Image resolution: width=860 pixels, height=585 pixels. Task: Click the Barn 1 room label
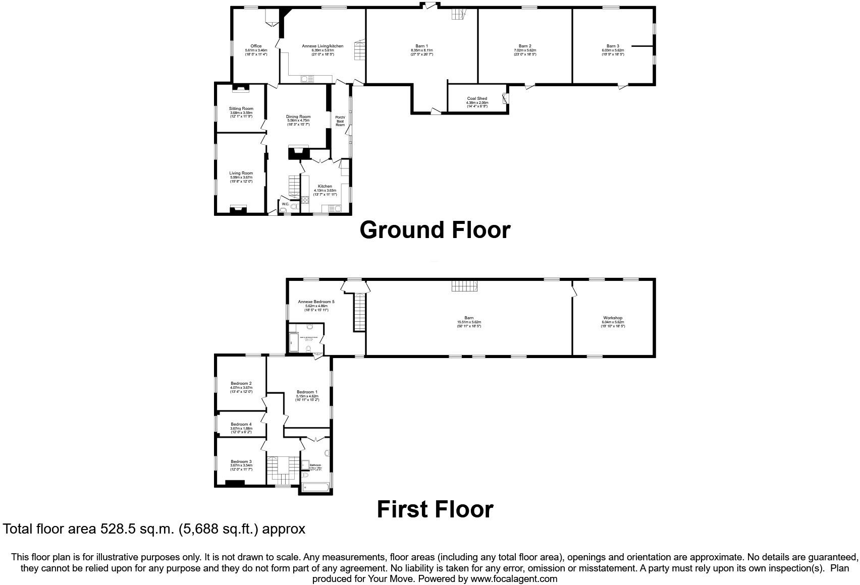(x=421, y=46)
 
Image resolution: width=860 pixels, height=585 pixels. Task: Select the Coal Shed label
(x=477, y=99)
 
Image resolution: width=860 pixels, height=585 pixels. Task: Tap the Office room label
(x=256, y=46)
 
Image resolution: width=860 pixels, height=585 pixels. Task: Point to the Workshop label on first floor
(x=613, y=318)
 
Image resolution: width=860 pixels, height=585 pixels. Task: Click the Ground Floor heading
(x=435, y=230)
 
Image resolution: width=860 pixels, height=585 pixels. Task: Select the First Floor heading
(x=435, y=509)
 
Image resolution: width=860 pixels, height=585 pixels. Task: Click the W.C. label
(x=285, y=204)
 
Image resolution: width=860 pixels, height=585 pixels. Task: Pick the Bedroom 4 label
(x=241, y=425)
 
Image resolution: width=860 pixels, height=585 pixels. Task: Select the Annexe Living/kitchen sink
(x=307, y=79)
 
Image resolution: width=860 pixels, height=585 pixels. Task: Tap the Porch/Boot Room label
(x=340, y=121)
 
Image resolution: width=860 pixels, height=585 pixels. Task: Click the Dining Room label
(x=298, y=116)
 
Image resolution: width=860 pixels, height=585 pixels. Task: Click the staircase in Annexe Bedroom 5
(x=359, y=313)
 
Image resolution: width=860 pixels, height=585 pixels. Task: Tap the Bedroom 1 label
(x=307, y=392)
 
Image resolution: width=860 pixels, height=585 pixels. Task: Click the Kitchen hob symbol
(x=305, y=200)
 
